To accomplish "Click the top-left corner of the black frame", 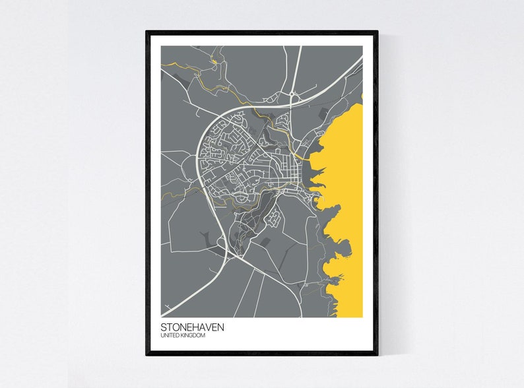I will (x=147, y=32).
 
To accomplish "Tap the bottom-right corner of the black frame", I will (x=377, y=354).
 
